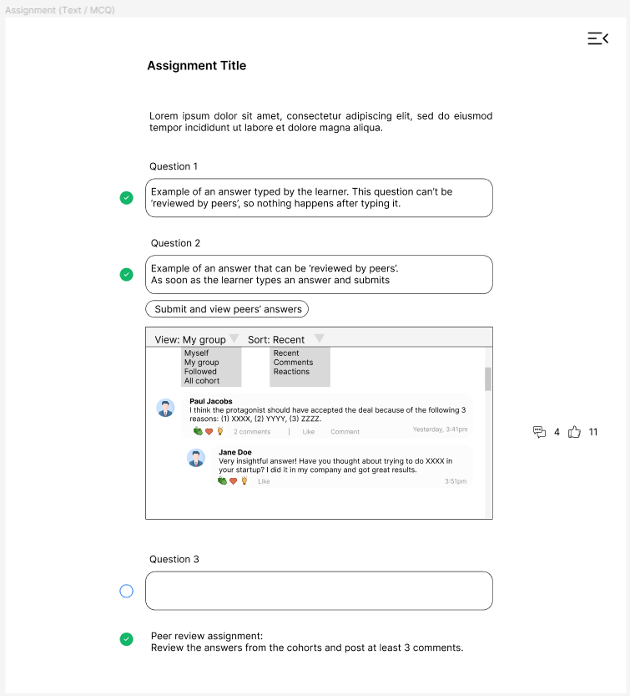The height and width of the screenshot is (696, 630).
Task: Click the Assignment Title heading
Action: coord(197,66)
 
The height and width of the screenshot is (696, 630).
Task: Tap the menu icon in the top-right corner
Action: coord(597,38)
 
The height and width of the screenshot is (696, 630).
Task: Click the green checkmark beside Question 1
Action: coord(126,198)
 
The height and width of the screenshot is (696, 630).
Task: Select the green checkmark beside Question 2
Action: coord(126,274)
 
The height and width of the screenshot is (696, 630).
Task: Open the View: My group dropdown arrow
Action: coord(234,338)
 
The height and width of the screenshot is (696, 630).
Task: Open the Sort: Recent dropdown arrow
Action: coord(319,338)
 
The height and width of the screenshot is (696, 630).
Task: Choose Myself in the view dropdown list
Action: coord(197,353)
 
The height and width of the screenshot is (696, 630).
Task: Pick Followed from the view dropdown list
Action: coord(200,372)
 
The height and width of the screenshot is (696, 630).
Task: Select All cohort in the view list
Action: coord(202,381)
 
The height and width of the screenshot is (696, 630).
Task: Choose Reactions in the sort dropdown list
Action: coord(291,372)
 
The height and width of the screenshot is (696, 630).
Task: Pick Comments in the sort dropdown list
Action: coord(293,363)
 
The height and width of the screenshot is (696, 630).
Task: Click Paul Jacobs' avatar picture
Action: coord(165,408)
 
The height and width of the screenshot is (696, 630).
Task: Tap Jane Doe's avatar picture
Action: coord(196,458)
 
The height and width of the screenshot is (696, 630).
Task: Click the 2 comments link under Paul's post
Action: coord(252,432)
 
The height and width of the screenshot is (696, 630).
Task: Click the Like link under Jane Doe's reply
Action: coord(264,481)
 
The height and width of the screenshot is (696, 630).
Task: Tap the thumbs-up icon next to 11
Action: coord(574,432)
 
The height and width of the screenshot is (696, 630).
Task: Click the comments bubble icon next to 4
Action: coord(540,432)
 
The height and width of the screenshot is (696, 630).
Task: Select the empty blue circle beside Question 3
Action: coord(126,591)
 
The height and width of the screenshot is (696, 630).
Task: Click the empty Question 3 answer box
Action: coord(319,591)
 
